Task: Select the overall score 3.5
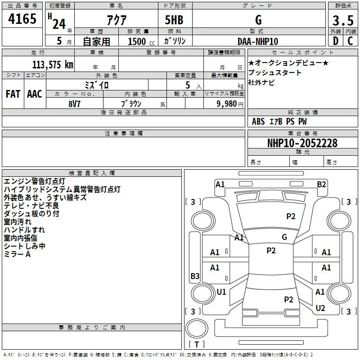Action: pyautogui.click(x=342, y=21)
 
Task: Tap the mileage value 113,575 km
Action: pyautogui.click(x=52, y=64)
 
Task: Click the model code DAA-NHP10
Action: pyautogui.click(x=258, y=41)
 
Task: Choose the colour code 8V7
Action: pyautogui.click(x=74, y=103)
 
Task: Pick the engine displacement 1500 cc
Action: pyautogui.click(x=138, y=41)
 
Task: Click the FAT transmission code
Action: pyautogui.click(x=13, y=94)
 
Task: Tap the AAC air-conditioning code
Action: pyautogui.click(x=34, y=94)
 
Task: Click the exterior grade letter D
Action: pyautogui.click(x=335, y=41)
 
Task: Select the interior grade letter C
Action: pyautogui.click(x=350, y=41)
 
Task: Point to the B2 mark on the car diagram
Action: pyautogui.click(x=321, y=184)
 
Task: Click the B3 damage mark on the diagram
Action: pyautogui.click(x=195, y=276)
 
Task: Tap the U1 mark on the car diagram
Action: pyautogui.click(x=221, y=292)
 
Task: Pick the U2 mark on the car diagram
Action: pyautogui.click(x=320, y=308)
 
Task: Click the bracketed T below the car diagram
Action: pyautogui.click(x=197, y=344)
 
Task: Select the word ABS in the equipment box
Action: pyautogui.click(x=258, y=121)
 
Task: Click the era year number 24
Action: pyautogui.click(x=59, y=24)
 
